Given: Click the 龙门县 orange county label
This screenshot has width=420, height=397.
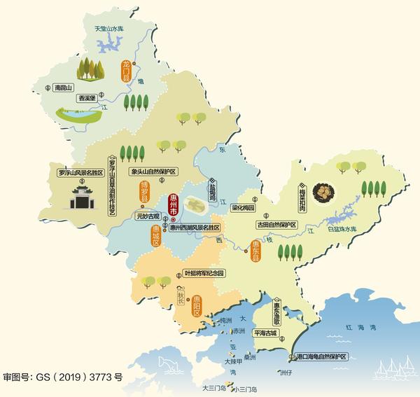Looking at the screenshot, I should click(x=126, y=72).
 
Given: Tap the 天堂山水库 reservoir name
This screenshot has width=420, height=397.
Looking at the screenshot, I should click(x=114, y=29).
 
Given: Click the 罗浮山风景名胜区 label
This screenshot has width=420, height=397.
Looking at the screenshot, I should click(x=80, y=172).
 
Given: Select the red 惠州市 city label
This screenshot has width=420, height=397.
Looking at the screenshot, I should click(x=174, y=205).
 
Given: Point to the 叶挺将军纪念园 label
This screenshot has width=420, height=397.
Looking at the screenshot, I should click(x=204, y=273).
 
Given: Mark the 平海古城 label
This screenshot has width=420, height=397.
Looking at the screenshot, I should click(x=270, y=333).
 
